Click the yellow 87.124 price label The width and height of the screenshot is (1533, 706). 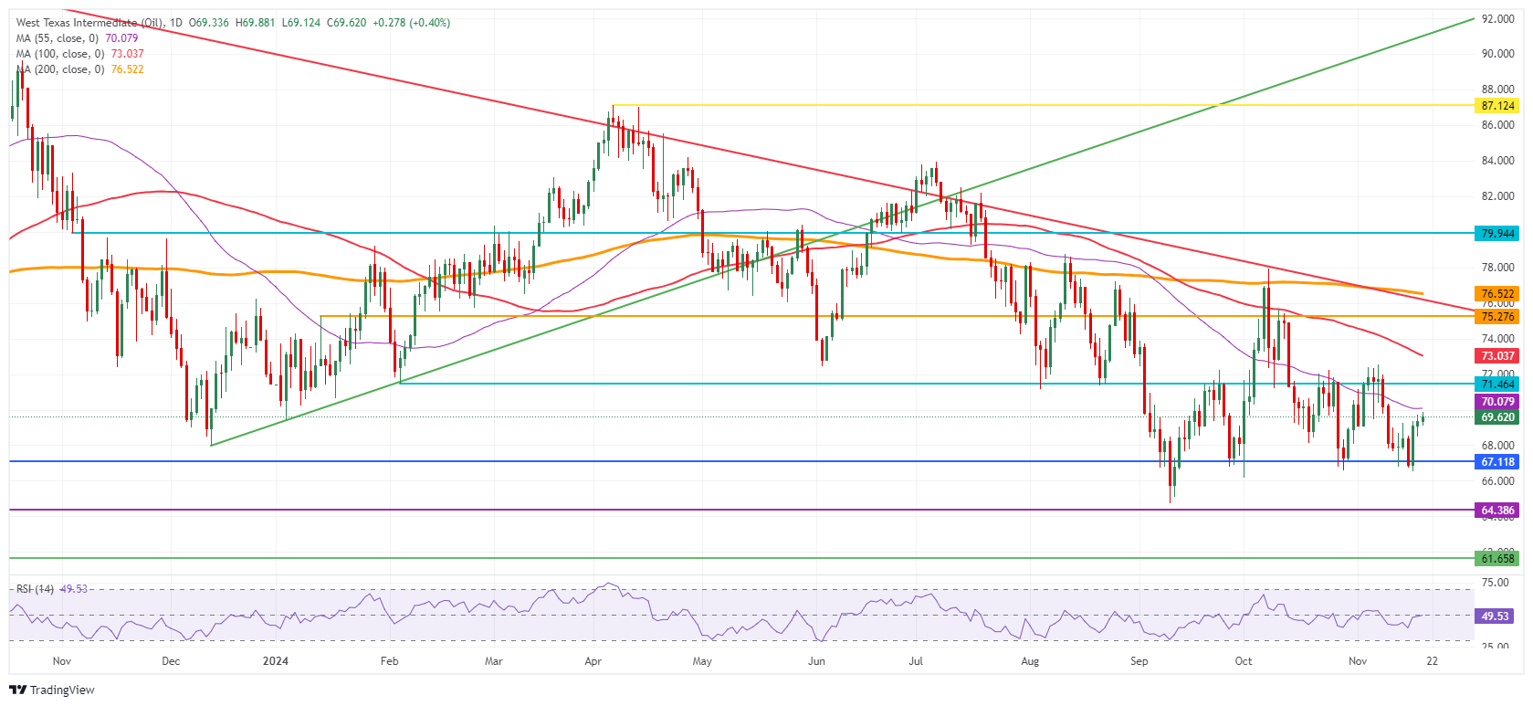click(1497, 106)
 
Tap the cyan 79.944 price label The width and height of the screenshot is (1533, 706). click(1497, 234)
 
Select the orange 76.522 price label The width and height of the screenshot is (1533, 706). click(1497, 294)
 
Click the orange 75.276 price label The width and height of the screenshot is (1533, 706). click(1497, 317)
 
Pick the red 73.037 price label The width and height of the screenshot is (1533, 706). click(1497, 356)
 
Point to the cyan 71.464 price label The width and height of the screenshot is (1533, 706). click(1497, 385)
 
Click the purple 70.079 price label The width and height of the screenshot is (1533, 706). click(1497, 402)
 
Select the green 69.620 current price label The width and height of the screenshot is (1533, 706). click(1497, 417)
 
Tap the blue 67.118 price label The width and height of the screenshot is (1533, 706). click(1497, 462)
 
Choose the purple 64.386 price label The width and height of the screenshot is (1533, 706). click(1497, 511)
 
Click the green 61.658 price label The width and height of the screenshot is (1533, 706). click(1497, 559)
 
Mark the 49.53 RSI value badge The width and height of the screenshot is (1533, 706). click(1495, 616)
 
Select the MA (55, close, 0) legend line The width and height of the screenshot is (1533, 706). click(77, 38)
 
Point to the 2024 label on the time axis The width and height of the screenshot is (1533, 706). click(275, 661)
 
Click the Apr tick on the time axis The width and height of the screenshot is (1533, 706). click(593, 661)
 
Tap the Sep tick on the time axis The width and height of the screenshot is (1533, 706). click(1139, 661)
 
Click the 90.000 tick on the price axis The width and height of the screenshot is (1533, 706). click(1497, 54)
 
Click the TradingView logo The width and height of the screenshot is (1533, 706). click(52, 690)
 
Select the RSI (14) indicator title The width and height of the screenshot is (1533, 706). click(36, 589)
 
